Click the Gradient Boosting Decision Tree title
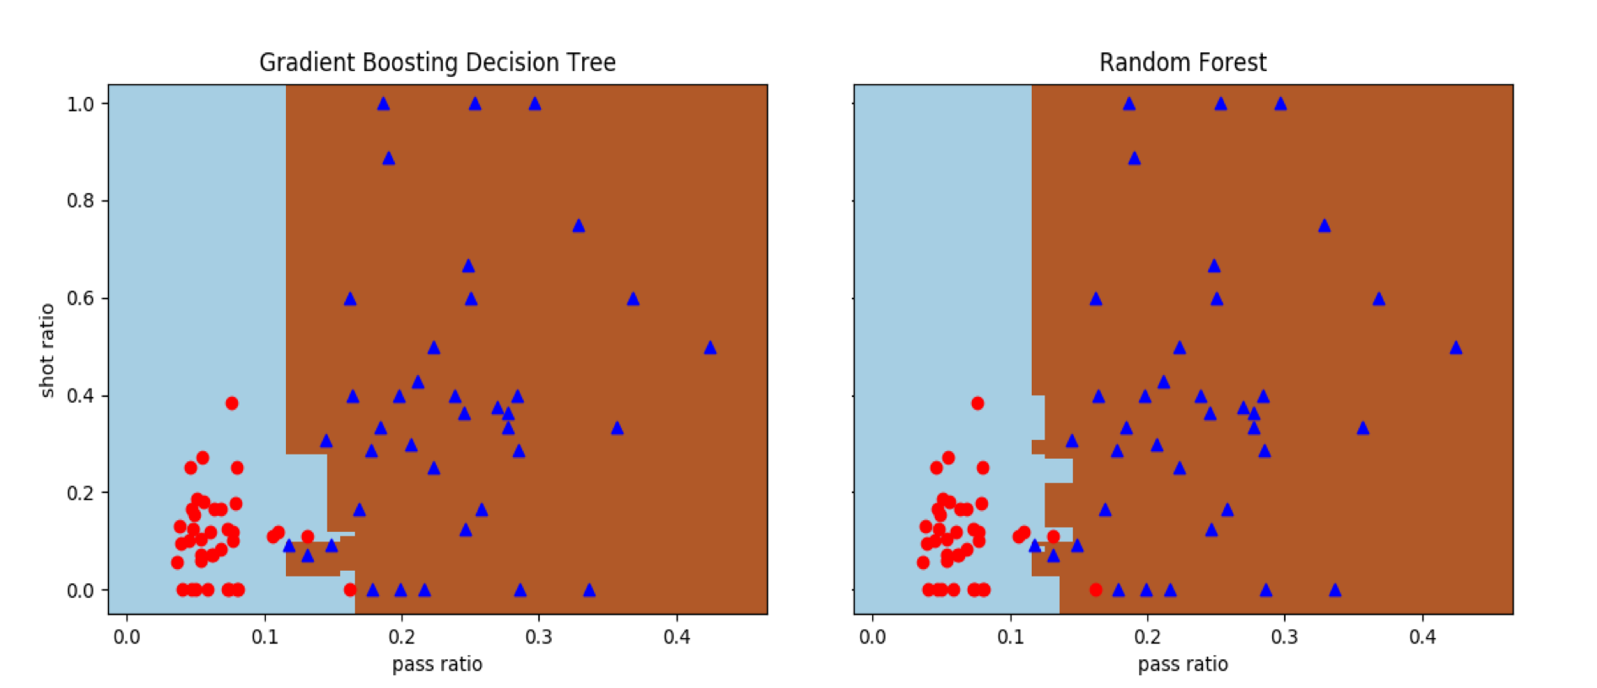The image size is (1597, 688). (x=437, y=62)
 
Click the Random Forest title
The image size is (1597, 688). (x=1183, y=62)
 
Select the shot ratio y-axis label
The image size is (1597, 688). (x=47, y=350)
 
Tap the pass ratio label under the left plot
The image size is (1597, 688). (x=437, y=664)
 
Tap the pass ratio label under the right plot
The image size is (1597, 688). (x=1183, y=664)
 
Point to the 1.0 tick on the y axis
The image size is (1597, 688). (x=81, y=104)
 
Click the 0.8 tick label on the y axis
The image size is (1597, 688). (x=81, y=201)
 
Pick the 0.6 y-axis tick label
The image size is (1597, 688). (x=81, y=298)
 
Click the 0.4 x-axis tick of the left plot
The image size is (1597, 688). (x=677, y=637)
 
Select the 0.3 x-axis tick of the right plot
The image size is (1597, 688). (x=1285, y=637)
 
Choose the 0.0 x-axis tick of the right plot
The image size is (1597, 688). (x=872, y=637)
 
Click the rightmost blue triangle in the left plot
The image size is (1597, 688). (x=710, y=347)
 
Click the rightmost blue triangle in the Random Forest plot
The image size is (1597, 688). (x=1456, y=347)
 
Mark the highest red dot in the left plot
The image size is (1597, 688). (x=232, y=403)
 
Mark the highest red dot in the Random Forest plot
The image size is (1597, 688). (x=978, y=403)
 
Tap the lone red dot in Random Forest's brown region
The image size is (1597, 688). (x=1096, y=590)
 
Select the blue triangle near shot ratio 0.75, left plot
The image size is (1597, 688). (x=579, y=226)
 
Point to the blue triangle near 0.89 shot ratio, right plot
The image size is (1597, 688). (x=1135, y=159)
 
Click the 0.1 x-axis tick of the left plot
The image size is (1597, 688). (x=265, y=637)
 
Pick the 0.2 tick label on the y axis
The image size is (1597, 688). (x=81, y=493)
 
